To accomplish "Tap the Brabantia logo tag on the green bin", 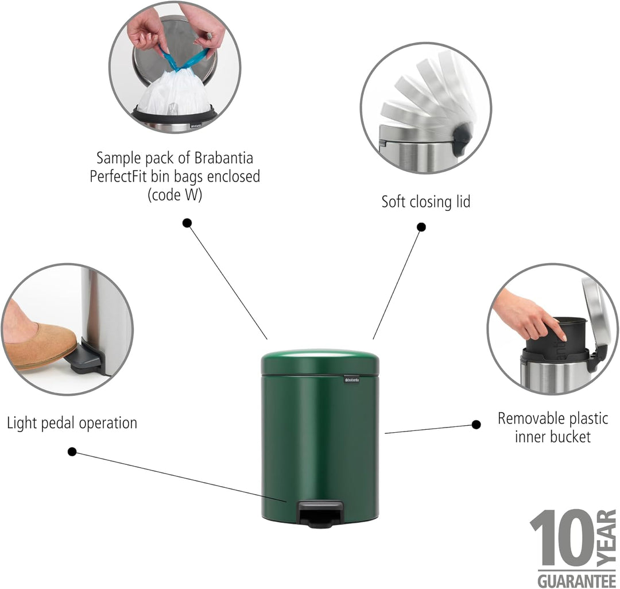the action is click(351, 380).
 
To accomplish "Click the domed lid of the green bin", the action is click(320, 361).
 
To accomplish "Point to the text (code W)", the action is click(175, 195).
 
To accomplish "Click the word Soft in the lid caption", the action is click(393, 202).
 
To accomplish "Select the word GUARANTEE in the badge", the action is click(577, 581).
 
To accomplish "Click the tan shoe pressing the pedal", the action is click(40, 344).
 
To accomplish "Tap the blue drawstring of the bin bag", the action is click(184, 59).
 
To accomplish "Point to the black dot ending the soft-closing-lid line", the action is click(421, 227).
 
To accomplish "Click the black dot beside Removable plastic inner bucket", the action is click(476, 425).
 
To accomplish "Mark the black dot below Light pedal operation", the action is click(72, 452).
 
